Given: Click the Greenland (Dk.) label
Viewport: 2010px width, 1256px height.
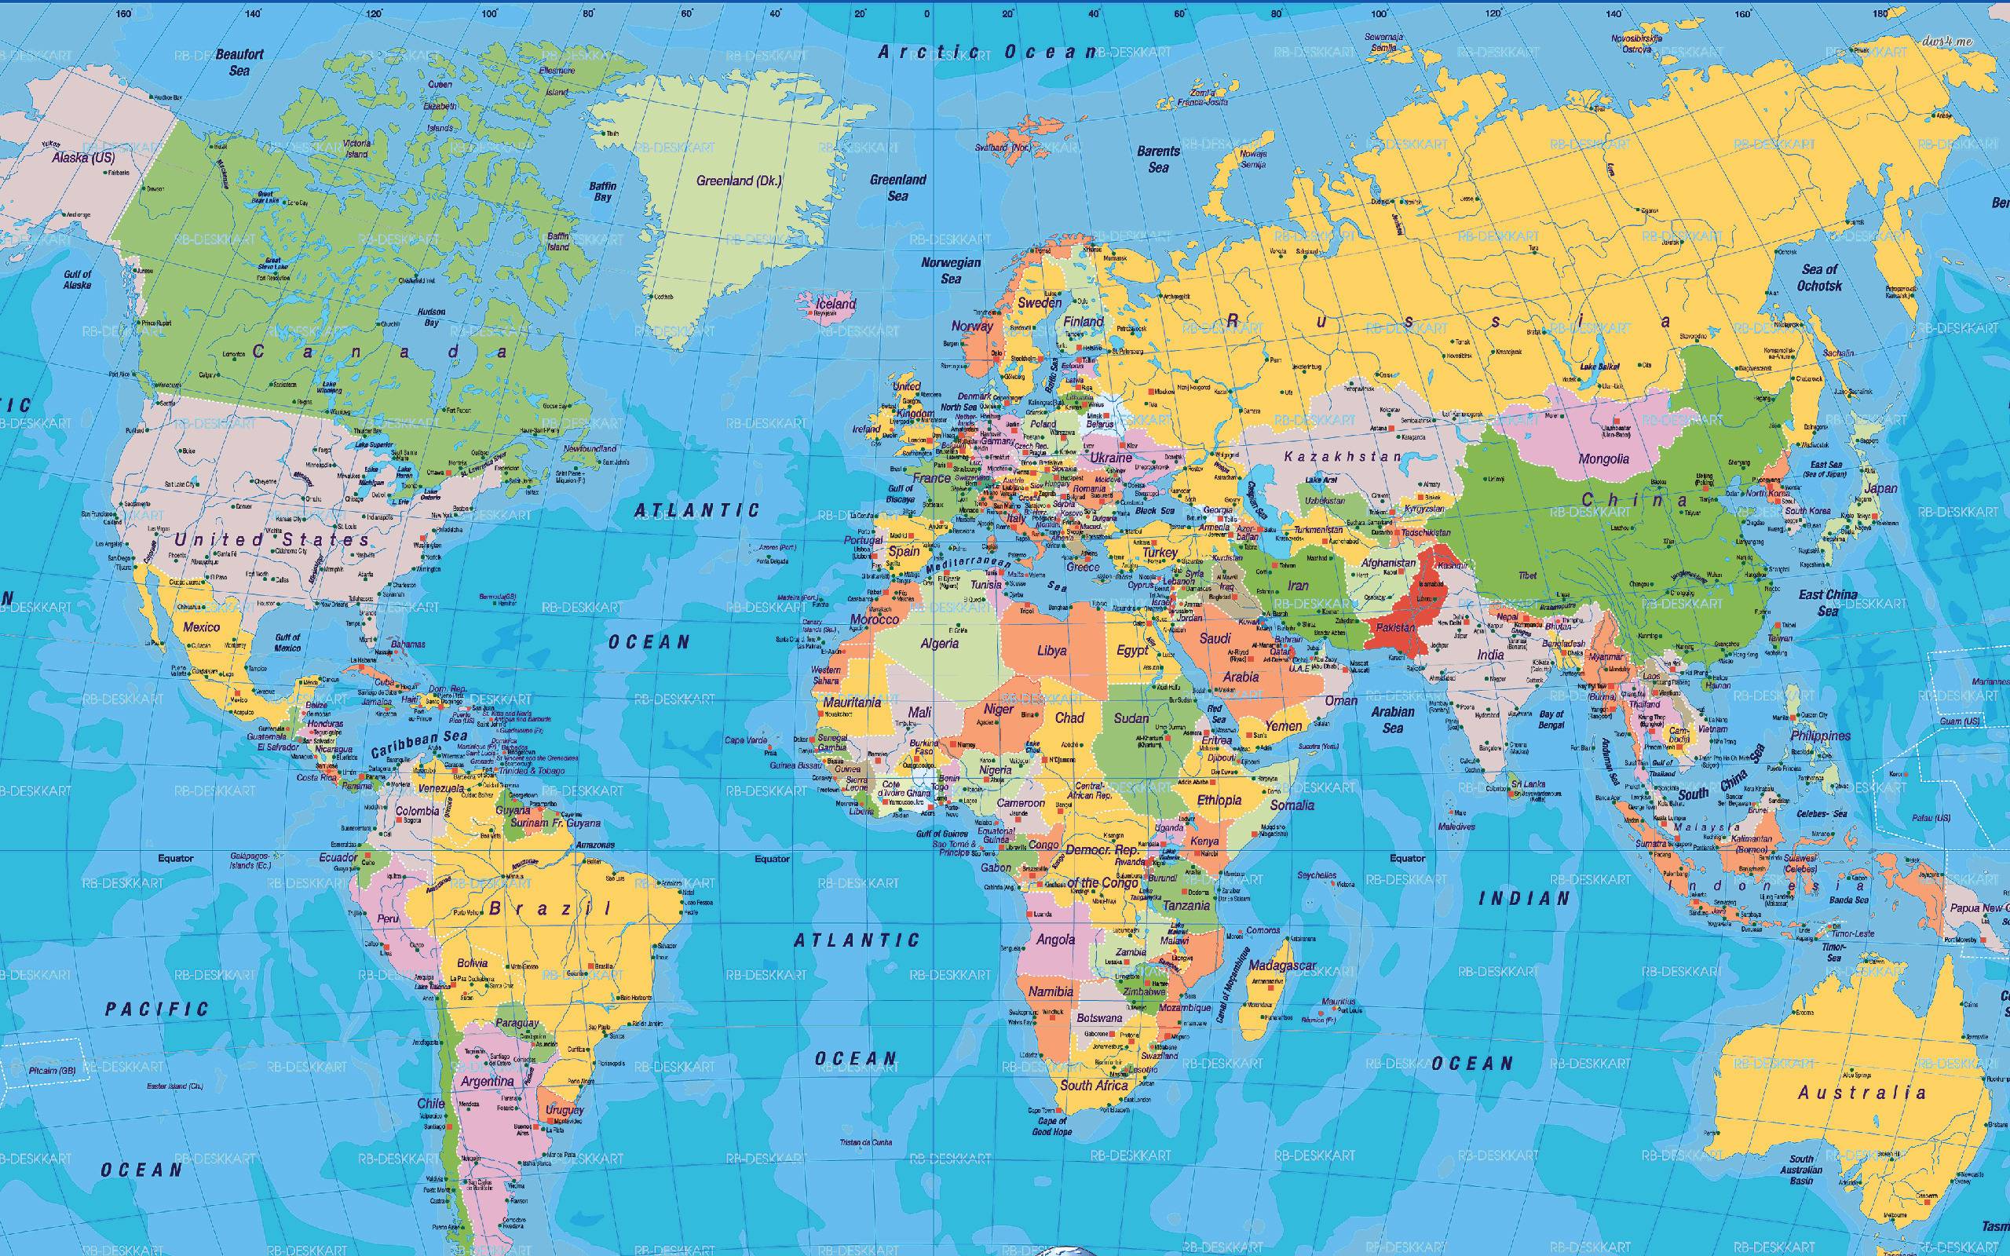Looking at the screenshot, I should (738, 181).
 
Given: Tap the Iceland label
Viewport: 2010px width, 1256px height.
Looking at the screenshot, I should (835, 303).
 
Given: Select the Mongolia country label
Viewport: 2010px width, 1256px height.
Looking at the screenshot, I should (1603, 458).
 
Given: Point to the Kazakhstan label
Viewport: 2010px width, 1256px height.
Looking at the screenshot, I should (1342, 457).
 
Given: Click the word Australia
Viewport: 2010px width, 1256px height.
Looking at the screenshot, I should (1862, 1093).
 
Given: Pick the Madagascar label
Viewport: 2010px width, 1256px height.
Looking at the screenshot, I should (1282, 966).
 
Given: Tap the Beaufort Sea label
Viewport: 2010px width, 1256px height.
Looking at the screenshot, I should (239, 62).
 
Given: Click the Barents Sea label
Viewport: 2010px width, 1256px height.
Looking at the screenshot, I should (1158, 159).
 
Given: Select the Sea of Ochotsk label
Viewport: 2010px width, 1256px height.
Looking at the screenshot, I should (1819, 277).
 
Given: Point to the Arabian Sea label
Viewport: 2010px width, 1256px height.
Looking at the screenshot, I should (1393, 719).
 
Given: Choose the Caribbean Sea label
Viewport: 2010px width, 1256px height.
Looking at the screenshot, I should (418, 744).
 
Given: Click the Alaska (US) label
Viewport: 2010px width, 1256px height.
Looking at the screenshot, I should (83, 157).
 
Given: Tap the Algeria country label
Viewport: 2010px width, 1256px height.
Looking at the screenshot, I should (939, 643).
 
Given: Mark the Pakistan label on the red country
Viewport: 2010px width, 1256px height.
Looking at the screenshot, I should (1395, 627).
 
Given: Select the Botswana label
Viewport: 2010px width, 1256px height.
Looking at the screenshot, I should (1099, 1017).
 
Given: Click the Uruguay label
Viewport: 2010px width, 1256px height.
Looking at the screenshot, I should (565, 1110).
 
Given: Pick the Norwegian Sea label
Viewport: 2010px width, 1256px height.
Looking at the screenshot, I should (951, 270).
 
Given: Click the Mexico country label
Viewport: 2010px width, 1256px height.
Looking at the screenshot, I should (201, 626).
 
